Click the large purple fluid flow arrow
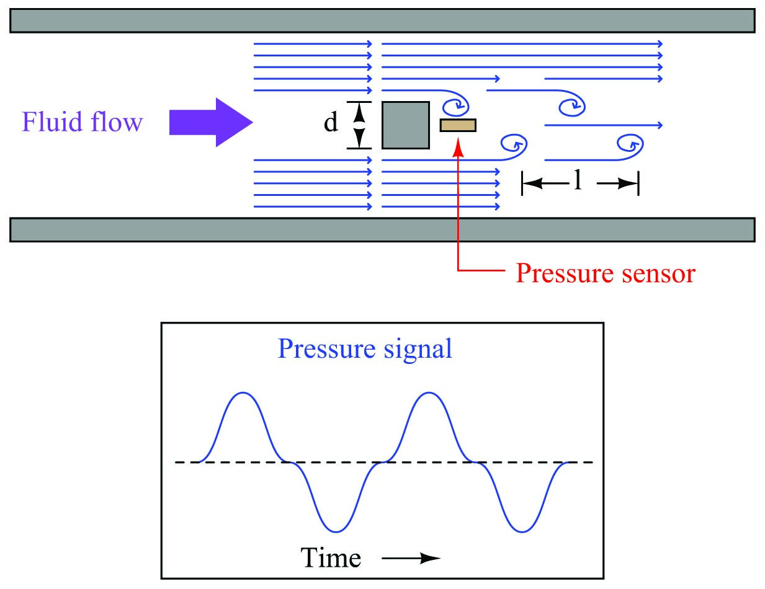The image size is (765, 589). pos(211,122)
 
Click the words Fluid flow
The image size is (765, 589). pos(83,122)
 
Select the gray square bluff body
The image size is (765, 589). pos(406,125)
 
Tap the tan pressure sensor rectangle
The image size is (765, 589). pos(458,125)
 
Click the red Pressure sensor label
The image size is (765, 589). pos(606,273)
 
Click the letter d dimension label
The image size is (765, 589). pos(331,122)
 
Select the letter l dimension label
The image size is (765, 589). pos(578,180)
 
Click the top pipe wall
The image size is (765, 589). pos(382,20)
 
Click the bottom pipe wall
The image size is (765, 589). pos(382,230)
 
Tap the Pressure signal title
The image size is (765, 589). pos(365,349)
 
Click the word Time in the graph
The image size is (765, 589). pos(331,558)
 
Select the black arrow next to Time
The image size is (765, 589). pos(411,558)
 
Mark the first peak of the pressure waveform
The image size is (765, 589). pos(243,392)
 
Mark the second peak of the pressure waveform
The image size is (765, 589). pos(429,392)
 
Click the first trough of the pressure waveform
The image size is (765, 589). pos(336,531)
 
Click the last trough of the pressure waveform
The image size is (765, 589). pos(522,531)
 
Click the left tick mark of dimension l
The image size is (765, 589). pos(522,183)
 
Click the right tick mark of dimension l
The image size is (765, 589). pos(638,183)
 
